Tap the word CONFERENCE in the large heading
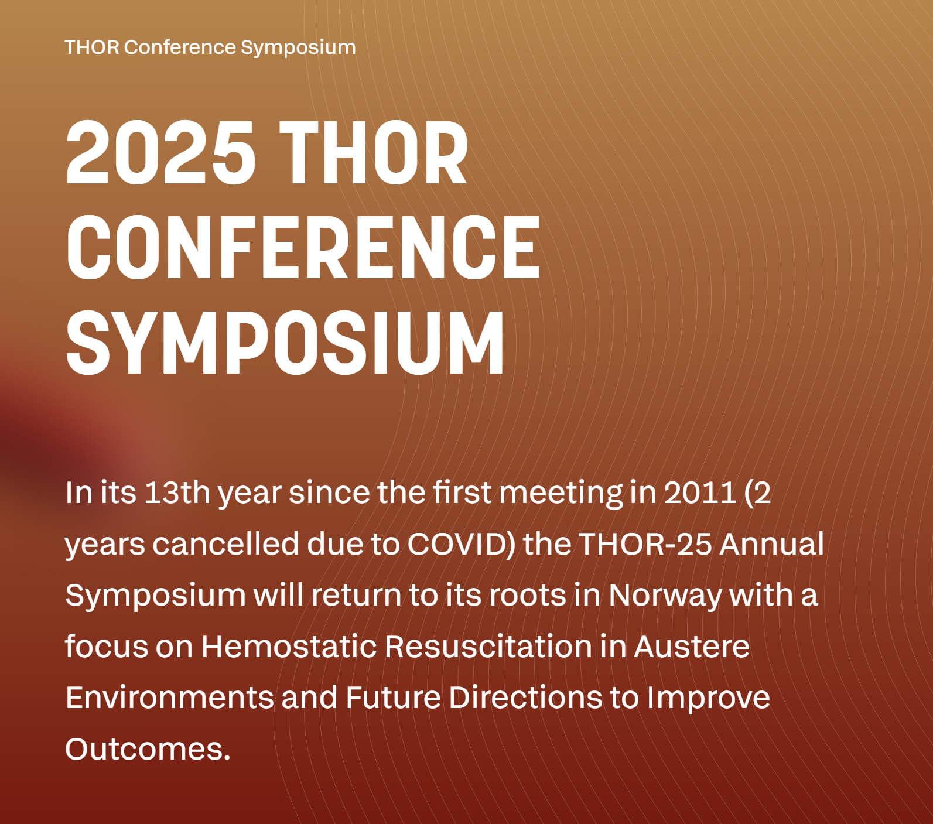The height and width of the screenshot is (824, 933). (x=303, y=247)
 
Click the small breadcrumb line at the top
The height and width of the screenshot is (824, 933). (x=210, y=47)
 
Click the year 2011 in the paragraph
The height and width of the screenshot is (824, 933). (x=700, y=493)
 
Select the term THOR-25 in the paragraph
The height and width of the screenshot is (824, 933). (x=645, y=544)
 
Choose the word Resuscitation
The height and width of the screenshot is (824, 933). (x=488, y=647)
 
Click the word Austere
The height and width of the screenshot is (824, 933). (x=692, y=647)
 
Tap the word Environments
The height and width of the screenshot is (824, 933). (x=169, y=698)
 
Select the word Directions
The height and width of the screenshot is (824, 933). (x=525, y=698)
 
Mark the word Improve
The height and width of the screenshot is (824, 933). (x=708, y=698)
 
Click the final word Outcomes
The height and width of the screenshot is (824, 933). (x=148, y=750)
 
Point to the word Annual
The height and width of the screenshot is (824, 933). (x=772, y=544)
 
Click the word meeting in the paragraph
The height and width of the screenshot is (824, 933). (x=561, y=493)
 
